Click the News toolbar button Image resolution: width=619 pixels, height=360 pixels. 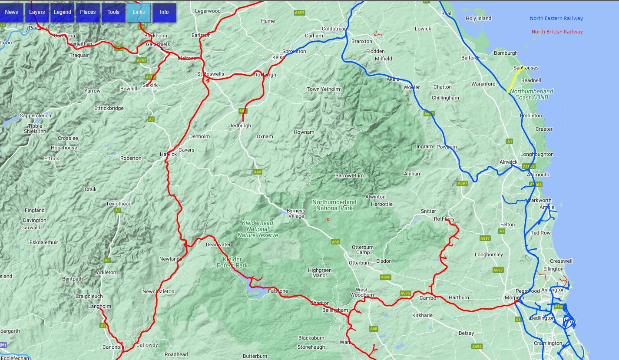pyautogui.click(x=12, y=12)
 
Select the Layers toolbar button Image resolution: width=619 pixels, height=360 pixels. pyautogui.click(x=37, y=12)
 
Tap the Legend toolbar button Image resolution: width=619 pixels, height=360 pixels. pyautogui.click(x=63, y=12)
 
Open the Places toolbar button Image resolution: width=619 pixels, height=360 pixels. pyautogui.click(x=88, y=12)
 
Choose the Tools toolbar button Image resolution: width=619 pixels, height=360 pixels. pyautogui.click(x=113, y=12)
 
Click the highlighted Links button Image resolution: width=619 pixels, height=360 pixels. pyautogui.click(x=139, y=12)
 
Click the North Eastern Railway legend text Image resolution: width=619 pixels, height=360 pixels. pyautogui.click(x=556, y=18)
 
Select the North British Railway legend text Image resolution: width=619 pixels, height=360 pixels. pyautogui.click(x=557, y=32)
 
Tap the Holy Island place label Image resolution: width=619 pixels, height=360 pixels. pyautogui.click(x=478, y=18)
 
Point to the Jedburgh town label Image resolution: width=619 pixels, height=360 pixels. pyautogui.click(x=240, y=126)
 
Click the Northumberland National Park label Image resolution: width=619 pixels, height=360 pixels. pyautogui.click(x=334, y=205)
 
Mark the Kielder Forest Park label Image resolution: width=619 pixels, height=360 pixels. pyautogui.click(x=232, y=262)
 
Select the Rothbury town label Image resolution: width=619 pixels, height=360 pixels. pyautogui.click(x=444, y=219)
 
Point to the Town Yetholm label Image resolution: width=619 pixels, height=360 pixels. pyautogui.click(x=323, y=89)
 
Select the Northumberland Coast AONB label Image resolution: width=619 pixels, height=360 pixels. pyautogui.click(x=532, y=94)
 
